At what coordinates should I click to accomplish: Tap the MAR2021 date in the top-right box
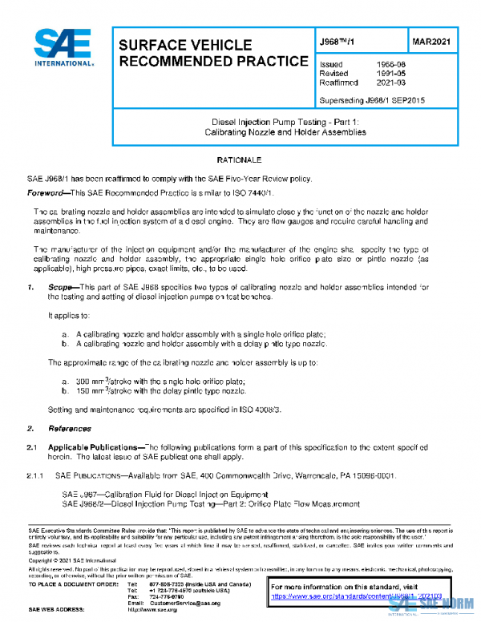pyautogui.click(x=434, y=41)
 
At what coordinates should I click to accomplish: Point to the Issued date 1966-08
pyautogui.click(x=390, y=63)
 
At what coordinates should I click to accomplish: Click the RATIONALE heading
pyautogui.click(x=240, y=160)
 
